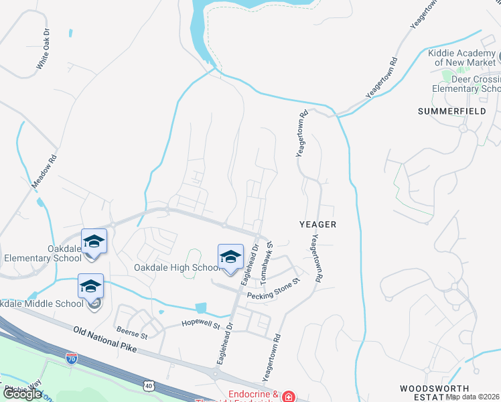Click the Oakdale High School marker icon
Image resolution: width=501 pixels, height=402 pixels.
230,257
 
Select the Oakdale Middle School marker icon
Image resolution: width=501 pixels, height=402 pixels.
90,287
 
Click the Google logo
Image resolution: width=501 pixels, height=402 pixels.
22,394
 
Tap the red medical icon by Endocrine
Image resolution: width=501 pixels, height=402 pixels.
289,397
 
